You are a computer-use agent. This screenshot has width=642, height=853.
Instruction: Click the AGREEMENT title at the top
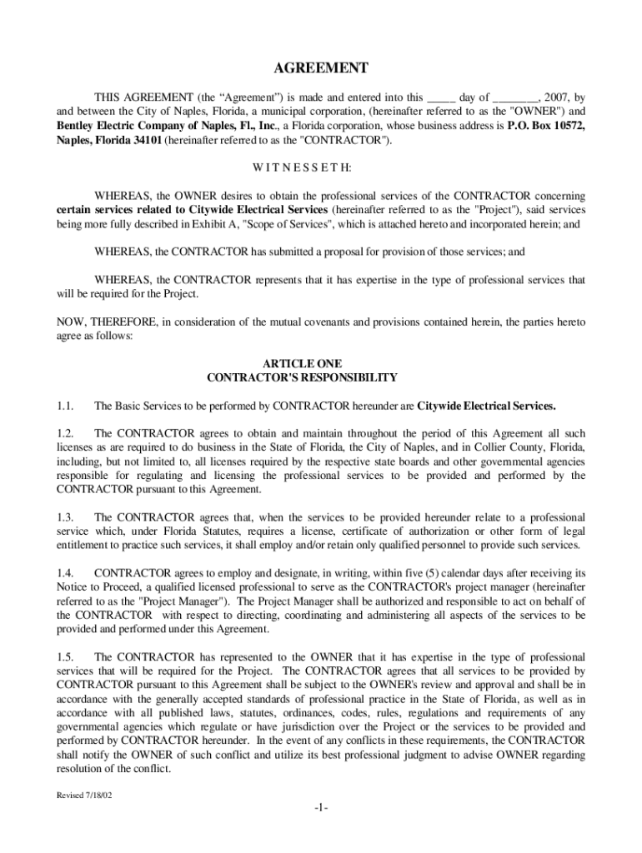tap(321, 68)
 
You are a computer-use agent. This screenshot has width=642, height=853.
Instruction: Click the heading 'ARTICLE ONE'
tap(302, 363)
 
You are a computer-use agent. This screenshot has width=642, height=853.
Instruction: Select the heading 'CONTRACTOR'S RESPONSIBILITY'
tap(302, 377)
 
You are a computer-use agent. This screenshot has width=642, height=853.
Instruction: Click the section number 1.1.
tap(66, 407)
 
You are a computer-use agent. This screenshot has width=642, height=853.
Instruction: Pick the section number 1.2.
tap(66, 434)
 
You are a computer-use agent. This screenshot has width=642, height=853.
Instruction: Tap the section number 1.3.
tap(66, 517)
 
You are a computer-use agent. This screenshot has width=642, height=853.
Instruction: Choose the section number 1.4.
tap(66, 573)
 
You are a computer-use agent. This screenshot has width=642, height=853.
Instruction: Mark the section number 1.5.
tap(66, 657)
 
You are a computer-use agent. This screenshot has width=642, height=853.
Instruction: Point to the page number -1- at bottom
tap(322, 809)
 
